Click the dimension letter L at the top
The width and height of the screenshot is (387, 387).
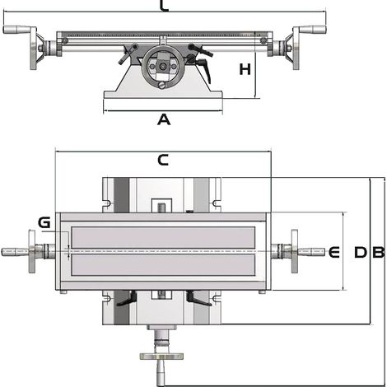[x=164, y=6]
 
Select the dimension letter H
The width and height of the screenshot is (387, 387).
[x=245, y=69]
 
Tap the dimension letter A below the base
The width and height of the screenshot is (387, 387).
[x=164, y=120]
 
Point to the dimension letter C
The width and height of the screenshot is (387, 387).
[x=163, y=160]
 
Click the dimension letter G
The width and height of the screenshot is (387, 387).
[x=44, y=222]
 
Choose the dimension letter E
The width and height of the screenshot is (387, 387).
[x=334, y=252]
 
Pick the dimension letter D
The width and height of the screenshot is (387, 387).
[x=361, y=252]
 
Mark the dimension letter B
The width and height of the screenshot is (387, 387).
[x=379, y=252]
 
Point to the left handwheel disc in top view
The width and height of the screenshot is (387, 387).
[x=32, y=251]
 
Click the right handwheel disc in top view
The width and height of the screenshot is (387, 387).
[x=295, y=251]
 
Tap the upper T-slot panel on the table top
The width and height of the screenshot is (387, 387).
[x=163, y=237]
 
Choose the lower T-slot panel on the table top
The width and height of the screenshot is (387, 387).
[x=163, y=265]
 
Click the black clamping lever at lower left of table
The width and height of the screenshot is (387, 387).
[x=127, y=299]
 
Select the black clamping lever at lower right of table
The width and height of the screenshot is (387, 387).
[x=198, y=299]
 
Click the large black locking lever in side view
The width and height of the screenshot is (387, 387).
[x=204, y=70]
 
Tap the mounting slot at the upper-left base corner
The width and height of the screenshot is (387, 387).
[x=106, y=203]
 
